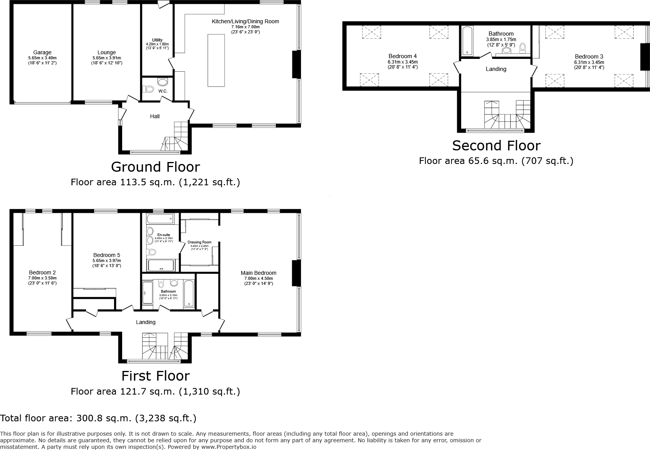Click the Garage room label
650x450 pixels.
pyautogui.click(x=42, y=52)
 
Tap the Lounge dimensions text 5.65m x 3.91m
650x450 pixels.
pyautogui.click(x=107, y=58)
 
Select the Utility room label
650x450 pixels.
pyautogui.click(x=157, y=40)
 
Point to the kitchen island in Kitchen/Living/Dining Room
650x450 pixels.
pyautogui.click(x=216, y=60)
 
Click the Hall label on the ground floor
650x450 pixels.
pyautogui.click(x=155, y=116)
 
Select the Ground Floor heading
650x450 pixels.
pyautogui.click(x=155, y=167)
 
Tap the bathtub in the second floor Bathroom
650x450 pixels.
pyautogui.click(x=467, y=40)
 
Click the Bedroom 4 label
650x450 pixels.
pyautogui.click(x=403, y=56)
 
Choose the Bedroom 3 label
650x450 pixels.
pyautogui.click(x=589, y=56)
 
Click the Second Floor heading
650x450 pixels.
pyautogui.click(x=496, y=146)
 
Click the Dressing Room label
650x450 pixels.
pyautogui.click(x=199, y=242)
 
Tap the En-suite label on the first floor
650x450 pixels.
pyautogui.click(x=164, y=235)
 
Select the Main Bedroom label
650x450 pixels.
pyautogui.click(x=258, y=273)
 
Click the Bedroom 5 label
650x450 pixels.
pyautogui.click(x=107, y=255)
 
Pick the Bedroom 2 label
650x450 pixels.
pyautogui.click(x=42, y=272)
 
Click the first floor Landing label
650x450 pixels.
pyautogui.click(x=145, y=322)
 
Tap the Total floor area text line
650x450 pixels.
pyautogui.click(x=98, y=418)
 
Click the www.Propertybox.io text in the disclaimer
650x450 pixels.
pyautogui.click(x=228, y=447)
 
